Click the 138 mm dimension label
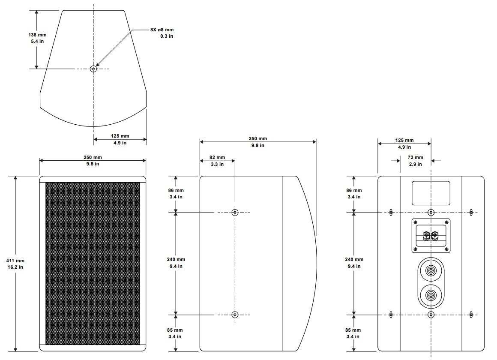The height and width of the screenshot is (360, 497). click(x=37, y=35)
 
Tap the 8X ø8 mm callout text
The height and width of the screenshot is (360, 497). click(x=162, y=30)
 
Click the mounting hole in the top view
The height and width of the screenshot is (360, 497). click(x=93, y=69)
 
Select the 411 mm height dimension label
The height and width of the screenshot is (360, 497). click(x=15, y=261)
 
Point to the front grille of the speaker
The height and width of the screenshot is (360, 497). click(x=93, y=264)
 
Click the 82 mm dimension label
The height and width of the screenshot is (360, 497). click(x=217, y=157)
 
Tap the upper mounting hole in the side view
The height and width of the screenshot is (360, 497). click(x=235, y=212)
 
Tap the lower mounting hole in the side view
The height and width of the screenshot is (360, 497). click(x=235, y=315)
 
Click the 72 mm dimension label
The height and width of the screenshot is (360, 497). click(x=415, y=157)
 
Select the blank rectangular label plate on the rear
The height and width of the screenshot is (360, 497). click(x=431, y=193)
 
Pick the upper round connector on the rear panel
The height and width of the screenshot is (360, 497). click(x=431, y=271)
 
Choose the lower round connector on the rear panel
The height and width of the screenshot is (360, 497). click(x=431, y=295)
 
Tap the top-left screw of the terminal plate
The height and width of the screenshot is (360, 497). click(x=416, y=222)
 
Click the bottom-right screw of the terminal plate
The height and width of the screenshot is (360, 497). click(x=446, y=249)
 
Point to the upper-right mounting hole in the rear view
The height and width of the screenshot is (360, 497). click(x=471, y=212)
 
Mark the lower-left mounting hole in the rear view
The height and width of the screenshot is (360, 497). click(x=391, y=315)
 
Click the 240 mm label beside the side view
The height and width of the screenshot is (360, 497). click(x=176, y=259)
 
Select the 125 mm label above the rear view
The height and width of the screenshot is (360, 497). click(x=404, y=140)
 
